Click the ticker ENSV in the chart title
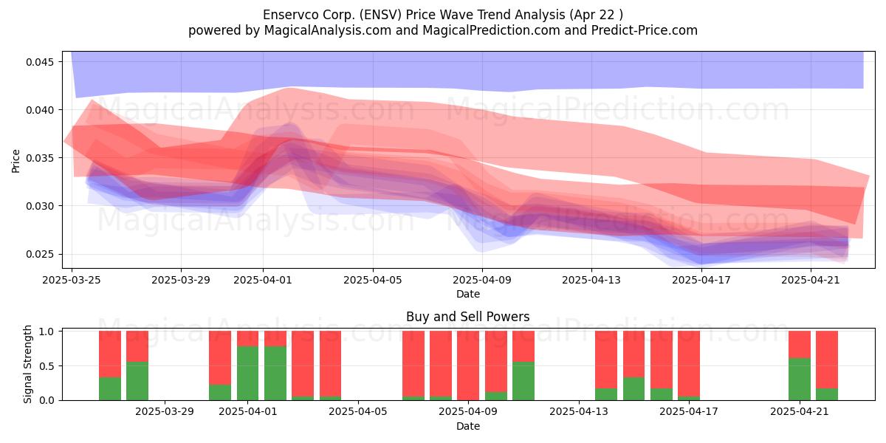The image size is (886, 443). [382, 15]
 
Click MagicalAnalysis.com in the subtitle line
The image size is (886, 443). [328, 30]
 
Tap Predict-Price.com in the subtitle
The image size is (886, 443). [645, 30]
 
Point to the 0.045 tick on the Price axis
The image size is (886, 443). [40, 62]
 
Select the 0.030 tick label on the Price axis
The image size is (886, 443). [40, 206]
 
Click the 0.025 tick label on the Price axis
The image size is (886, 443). [40, 254]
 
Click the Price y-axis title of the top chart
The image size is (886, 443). [16, 161]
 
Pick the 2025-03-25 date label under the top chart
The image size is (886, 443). [72, 280]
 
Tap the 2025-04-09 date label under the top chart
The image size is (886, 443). [482, 280]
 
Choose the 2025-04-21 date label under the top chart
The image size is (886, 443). [811, 280]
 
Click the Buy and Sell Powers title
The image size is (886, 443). [468, 317]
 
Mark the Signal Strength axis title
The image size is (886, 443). [27, 364]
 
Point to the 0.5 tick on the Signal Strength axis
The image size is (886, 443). [47, 366]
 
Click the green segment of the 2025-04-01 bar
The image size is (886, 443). [247, 374]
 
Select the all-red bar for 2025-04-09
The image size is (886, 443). [468, 365]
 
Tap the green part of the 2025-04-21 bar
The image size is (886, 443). [800, 380]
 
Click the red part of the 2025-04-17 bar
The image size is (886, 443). [689, 363]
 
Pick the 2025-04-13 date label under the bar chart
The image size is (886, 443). [579, 412]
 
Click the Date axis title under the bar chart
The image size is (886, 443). [468, 427]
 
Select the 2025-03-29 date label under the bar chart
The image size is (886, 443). [165, 412]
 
